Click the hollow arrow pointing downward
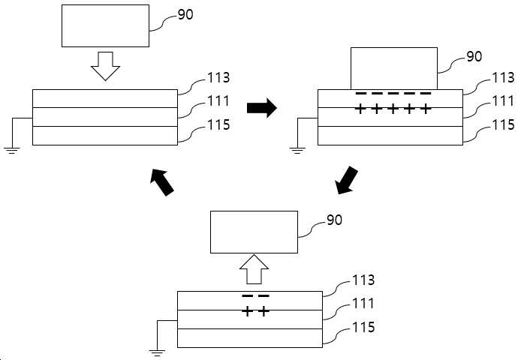point(105,66)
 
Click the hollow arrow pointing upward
point(254,269)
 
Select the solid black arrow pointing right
point(262,107)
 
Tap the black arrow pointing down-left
point(346,181)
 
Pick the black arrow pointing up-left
point(162,182)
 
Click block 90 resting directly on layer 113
point(394,68)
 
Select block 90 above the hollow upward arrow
point(254,232)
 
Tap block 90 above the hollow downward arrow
point(105,25)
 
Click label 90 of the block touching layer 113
point(474,56)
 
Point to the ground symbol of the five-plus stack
point(297,151)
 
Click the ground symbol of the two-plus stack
point(157,352)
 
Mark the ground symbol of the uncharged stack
point(12,151)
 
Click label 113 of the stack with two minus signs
point(363,280)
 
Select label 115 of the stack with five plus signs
point(504,124)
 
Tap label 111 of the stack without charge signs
point(218,101)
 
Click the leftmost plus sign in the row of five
point(360,109)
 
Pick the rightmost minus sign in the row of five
point(426,94)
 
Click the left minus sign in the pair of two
point(248,296)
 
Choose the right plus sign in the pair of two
point(264,310)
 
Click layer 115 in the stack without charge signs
point(105,136)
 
